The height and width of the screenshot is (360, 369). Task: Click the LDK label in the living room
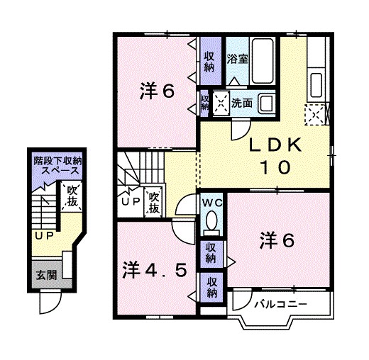pyautogui.click(x=276, y=145)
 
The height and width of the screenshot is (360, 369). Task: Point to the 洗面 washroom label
pyautogui.click(x=243, y=103)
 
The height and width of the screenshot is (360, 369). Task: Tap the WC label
pyautogui.click(x=211, y=203)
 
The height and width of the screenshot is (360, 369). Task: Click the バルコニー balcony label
pyautogui.click(x=280, y=305)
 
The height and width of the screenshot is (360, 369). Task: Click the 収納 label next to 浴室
pyautogui.click(x=209, y=62)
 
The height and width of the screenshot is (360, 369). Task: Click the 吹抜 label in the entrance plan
pyautogui.click(x=72, y=196)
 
